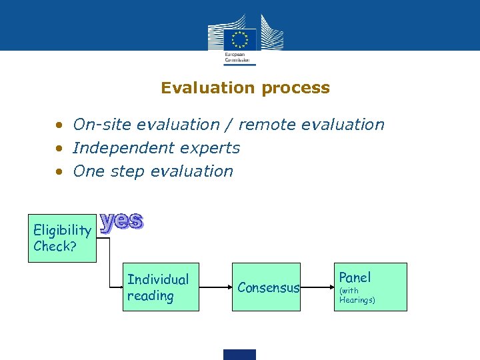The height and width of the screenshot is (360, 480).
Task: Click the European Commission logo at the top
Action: pos(239,41)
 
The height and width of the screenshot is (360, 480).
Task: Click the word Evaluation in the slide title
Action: pos(208,88)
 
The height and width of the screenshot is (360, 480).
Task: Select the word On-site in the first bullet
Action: pos(99,125)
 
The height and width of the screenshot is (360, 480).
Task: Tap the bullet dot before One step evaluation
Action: pos(60,171)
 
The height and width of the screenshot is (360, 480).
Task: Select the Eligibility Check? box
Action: pos(62,238)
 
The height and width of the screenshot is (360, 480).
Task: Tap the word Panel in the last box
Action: pos(355,277)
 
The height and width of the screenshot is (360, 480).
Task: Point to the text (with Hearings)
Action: pos(357,295)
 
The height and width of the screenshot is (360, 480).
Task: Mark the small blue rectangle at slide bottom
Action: pos(239,354)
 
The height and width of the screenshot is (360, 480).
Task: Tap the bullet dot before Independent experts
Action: pos(60,148)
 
